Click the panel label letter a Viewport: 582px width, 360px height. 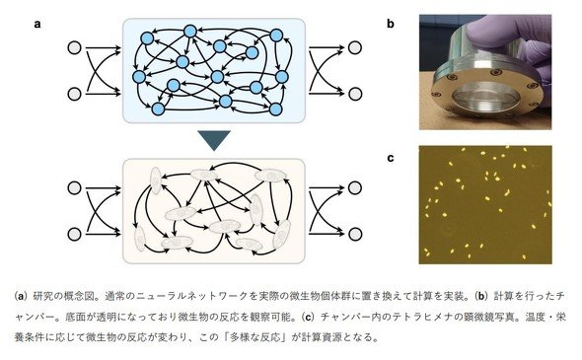pos(37,25)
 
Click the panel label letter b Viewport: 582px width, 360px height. pos(390,24)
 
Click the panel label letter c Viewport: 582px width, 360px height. pos(390,158)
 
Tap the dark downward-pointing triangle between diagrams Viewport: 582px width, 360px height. pos(214,140)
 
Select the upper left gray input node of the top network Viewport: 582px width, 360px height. pos(74,48)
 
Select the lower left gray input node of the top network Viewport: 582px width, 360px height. pos(74,94)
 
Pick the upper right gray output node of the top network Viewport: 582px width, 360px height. pos(355,48)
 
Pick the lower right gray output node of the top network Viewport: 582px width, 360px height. pos(355,94)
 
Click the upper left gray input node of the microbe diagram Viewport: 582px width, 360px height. pos(74,187)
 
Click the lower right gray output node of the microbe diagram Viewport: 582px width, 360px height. pos(355,234)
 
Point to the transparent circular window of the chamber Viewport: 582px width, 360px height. pos(485,98)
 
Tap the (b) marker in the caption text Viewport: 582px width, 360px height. pos(481,296)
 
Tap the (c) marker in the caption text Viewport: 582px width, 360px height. pos(308,317)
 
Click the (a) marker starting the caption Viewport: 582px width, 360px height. pos(22,296)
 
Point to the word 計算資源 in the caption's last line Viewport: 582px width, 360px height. pos(322,337)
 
